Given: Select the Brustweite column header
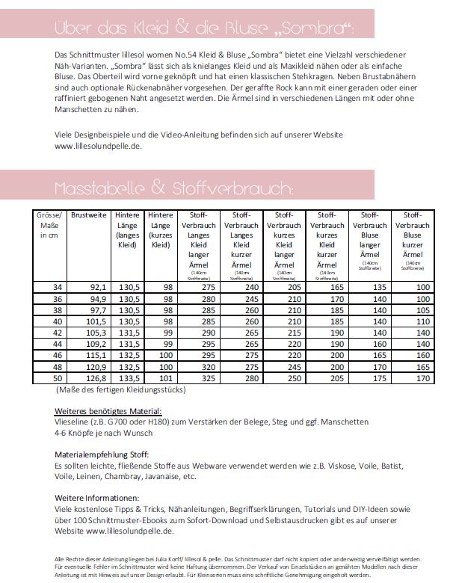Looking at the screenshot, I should pyautogui.click(x=89, y=215).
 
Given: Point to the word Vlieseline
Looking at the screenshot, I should pyautogui.click(x=73, y=423).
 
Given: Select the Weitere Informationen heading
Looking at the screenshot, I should pyautogui.click(x=97, y=498).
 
